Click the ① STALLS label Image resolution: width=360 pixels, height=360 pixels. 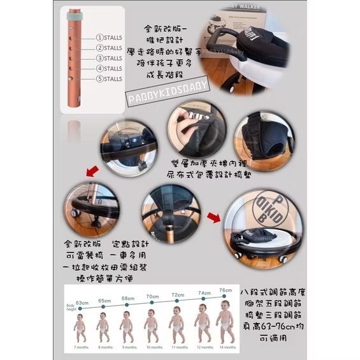pos(109,38)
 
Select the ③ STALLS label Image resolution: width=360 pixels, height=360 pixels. pos(109,58)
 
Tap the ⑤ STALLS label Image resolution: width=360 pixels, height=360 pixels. pos(109,79)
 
